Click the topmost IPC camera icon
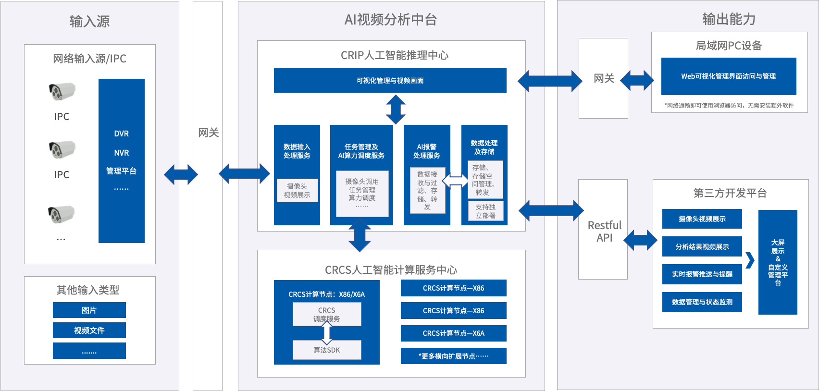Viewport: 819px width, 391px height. [62, 91]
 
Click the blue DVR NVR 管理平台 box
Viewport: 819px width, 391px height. [122, 161]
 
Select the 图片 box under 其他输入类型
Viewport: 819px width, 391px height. [89, 310]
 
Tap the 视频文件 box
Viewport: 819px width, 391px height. [89, 330]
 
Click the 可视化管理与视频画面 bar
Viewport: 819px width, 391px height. [390, 80]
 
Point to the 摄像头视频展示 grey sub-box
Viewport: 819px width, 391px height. [297, 190]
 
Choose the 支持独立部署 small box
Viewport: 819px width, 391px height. [485, 211]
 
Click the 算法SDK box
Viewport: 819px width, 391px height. [327, 350]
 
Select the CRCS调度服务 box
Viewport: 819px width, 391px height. [327, 314]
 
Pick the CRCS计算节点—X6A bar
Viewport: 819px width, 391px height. [453, 333]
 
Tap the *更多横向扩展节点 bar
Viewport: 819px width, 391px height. [453, 356]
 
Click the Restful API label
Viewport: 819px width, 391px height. [604, 231]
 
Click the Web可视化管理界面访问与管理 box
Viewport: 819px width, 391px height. [728, 76]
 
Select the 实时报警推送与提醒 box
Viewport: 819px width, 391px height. [702, 274]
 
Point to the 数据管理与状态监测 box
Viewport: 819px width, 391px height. [702, 302]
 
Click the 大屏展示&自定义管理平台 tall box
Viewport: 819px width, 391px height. [778, 262]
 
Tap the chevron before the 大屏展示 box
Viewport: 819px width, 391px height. [750, 260]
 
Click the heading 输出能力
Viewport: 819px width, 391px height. [729, 19]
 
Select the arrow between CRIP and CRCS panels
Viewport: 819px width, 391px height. [360, 235]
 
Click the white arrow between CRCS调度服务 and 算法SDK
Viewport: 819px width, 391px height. [327, 333]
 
